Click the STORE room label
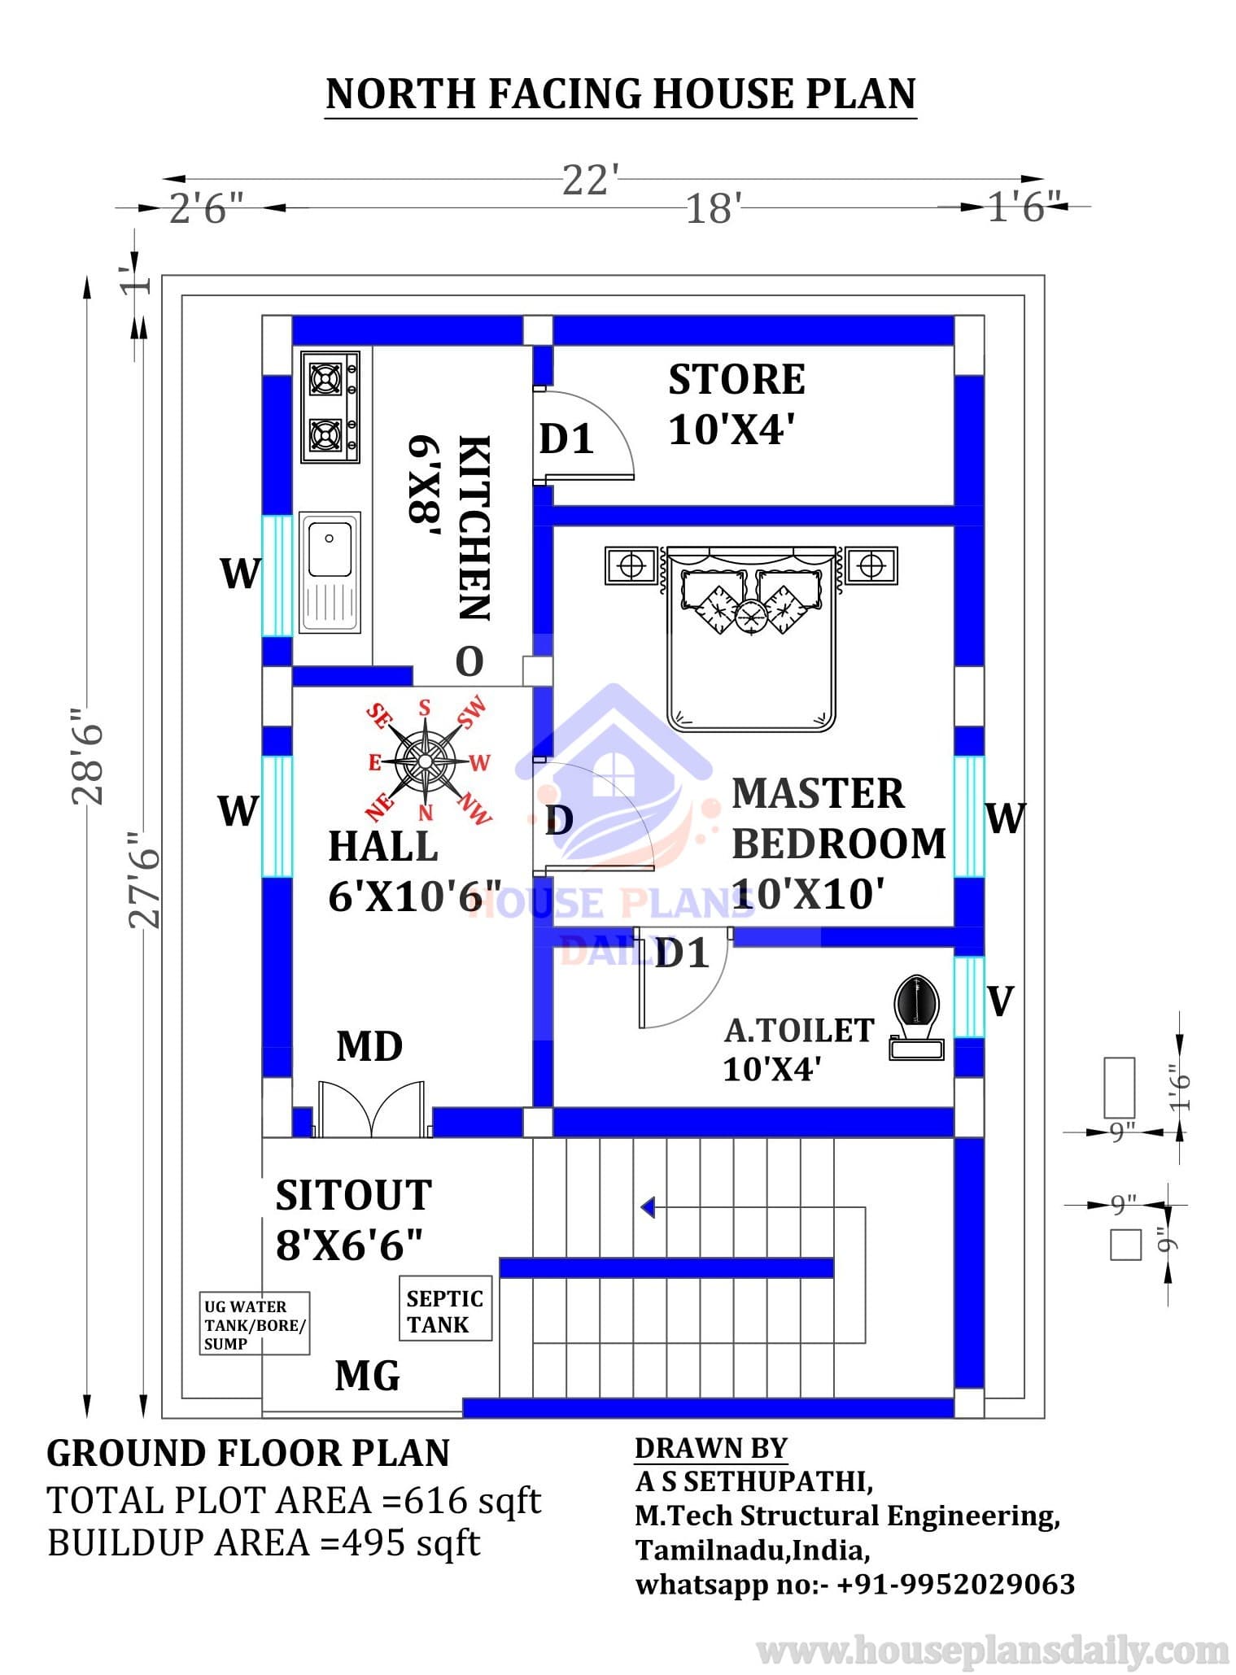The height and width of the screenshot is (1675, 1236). click(737, 380)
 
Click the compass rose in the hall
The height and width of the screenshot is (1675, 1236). click(424, 761)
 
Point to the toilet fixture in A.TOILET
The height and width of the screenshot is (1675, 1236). click(917, 1016)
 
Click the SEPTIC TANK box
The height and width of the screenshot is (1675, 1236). click(445, 1311)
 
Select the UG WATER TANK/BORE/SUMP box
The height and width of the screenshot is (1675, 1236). click(255, 1324)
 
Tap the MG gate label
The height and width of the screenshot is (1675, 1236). click(367, 1376)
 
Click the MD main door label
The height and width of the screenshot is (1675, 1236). click(369, 1046)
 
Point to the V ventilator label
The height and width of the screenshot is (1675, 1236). click(1001, 1001)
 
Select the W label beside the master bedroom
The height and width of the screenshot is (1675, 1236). click(1006, 818)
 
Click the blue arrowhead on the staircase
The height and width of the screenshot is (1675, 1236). click(648, 1207)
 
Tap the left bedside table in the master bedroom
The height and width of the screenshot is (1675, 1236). click(631, 565)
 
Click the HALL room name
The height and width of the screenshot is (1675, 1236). click(383, 847)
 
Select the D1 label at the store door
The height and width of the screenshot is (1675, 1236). click(567, 439)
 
